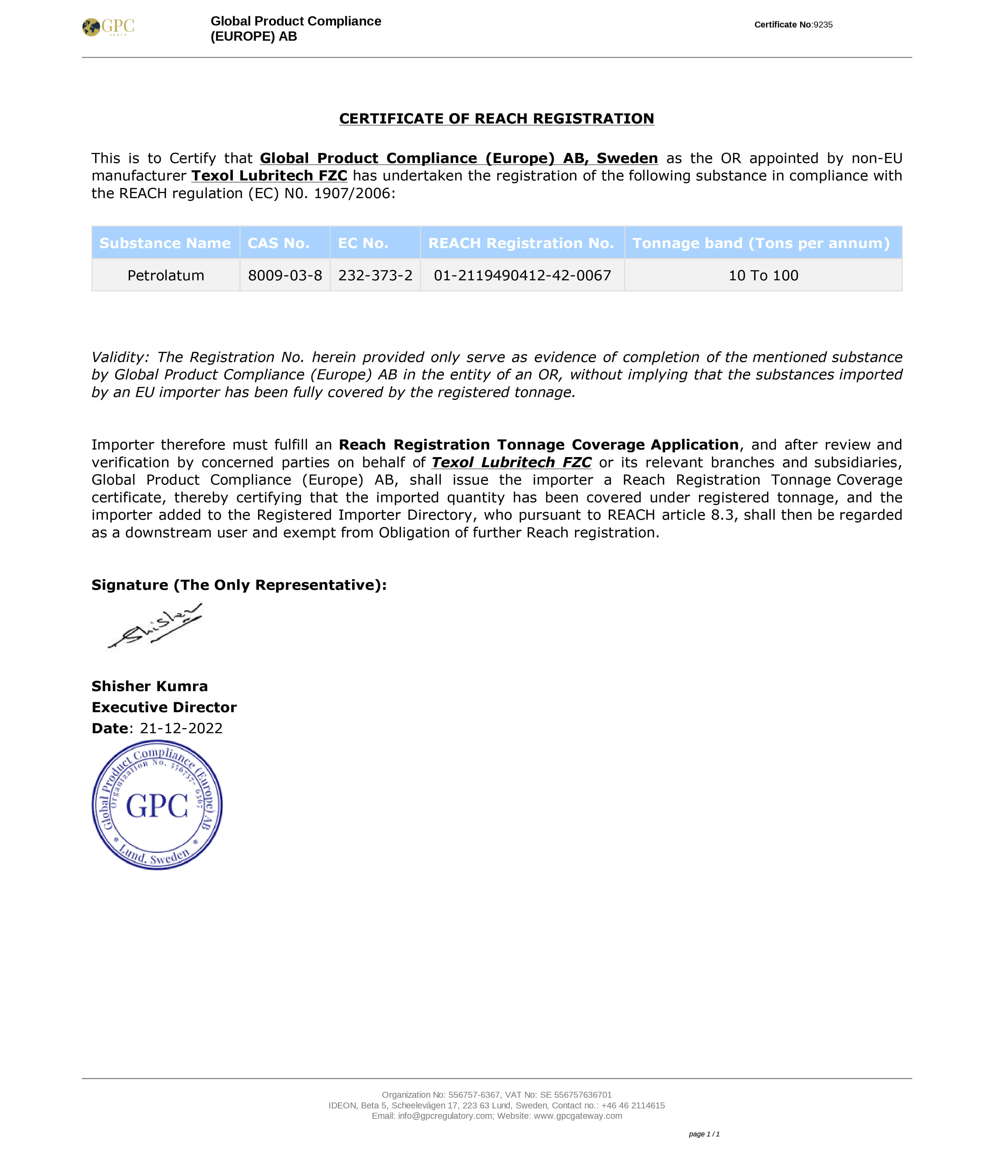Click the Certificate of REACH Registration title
click(x=497, y=119)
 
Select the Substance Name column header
click(x=165, y=243)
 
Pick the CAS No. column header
click(x=279, y=243)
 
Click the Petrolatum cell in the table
click(x=166, y=276)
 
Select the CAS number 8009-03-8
click(x=285, y=276)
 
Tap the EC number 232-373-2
click(x=375, y=276)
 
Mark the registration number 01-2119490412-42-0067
click(x=522, y=276)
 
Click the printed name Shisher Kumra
click(x=150, y=686)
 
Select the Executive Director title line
click(x=164, y=708)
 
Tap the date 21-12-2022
click(x=181, y=728)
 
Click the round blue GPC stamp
click(x=157, y=805)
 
